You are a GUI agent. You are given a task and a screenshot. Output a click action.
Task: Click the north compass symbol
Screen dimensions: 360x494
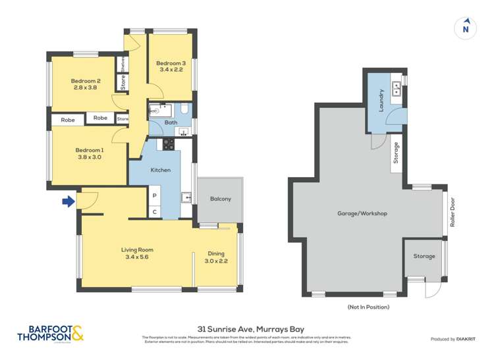pyautogui.click(x=466, y=28)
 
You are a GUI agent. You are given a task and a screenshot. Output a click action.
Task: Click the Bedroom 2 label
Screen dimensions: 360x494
pyautogui.click(x=85, y=81)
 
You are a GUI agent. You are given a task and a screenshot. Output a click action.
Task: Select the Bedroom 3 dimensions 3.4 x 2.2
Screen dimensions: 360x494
pyautogui.click(x=169, y=72)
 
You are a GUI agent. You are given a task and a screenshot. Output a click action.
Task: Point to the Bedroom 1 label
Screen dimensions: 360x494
pyautogui.click(x=89, y=150)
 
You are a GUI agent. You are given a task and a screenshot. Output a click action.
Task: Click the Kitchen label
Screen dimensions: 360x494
pyautogui.click(x=161, y=170)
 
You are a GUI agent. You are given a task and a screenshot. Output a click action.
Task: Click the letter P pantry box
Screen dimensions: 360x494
pyautogui.click(x=155, y=195)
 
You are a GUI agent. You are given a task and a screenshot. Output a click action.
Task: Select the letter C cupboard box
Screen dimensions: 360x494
pyautogui.click(x=155, y=211)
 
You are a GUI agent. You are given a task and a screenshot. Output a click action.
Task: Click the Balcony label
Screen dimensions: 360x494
pyautogui.click(x=221, y=199)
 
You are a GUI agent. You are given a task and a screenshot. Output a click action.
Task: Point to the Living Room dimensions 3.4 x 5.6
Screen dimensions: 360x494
pyautogui.click(x=137, y=258)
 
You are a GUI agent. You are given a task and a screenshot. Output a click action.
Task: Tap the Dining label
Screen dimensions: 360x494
pyautogui.click(x=216, y=253)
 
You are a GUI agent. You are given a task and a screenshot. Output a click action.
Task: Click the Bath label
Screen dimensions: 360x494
pyautogui.click(x=171, y=122)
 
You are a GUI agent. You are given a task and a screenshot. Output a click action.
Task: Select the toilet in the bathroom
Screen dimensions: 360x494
pyautogui.click(x=185, y=108)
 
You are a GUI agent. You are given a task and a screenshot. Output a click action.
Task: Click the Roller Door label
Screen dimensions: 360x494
pyautogui.click(x=453, y=213)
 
